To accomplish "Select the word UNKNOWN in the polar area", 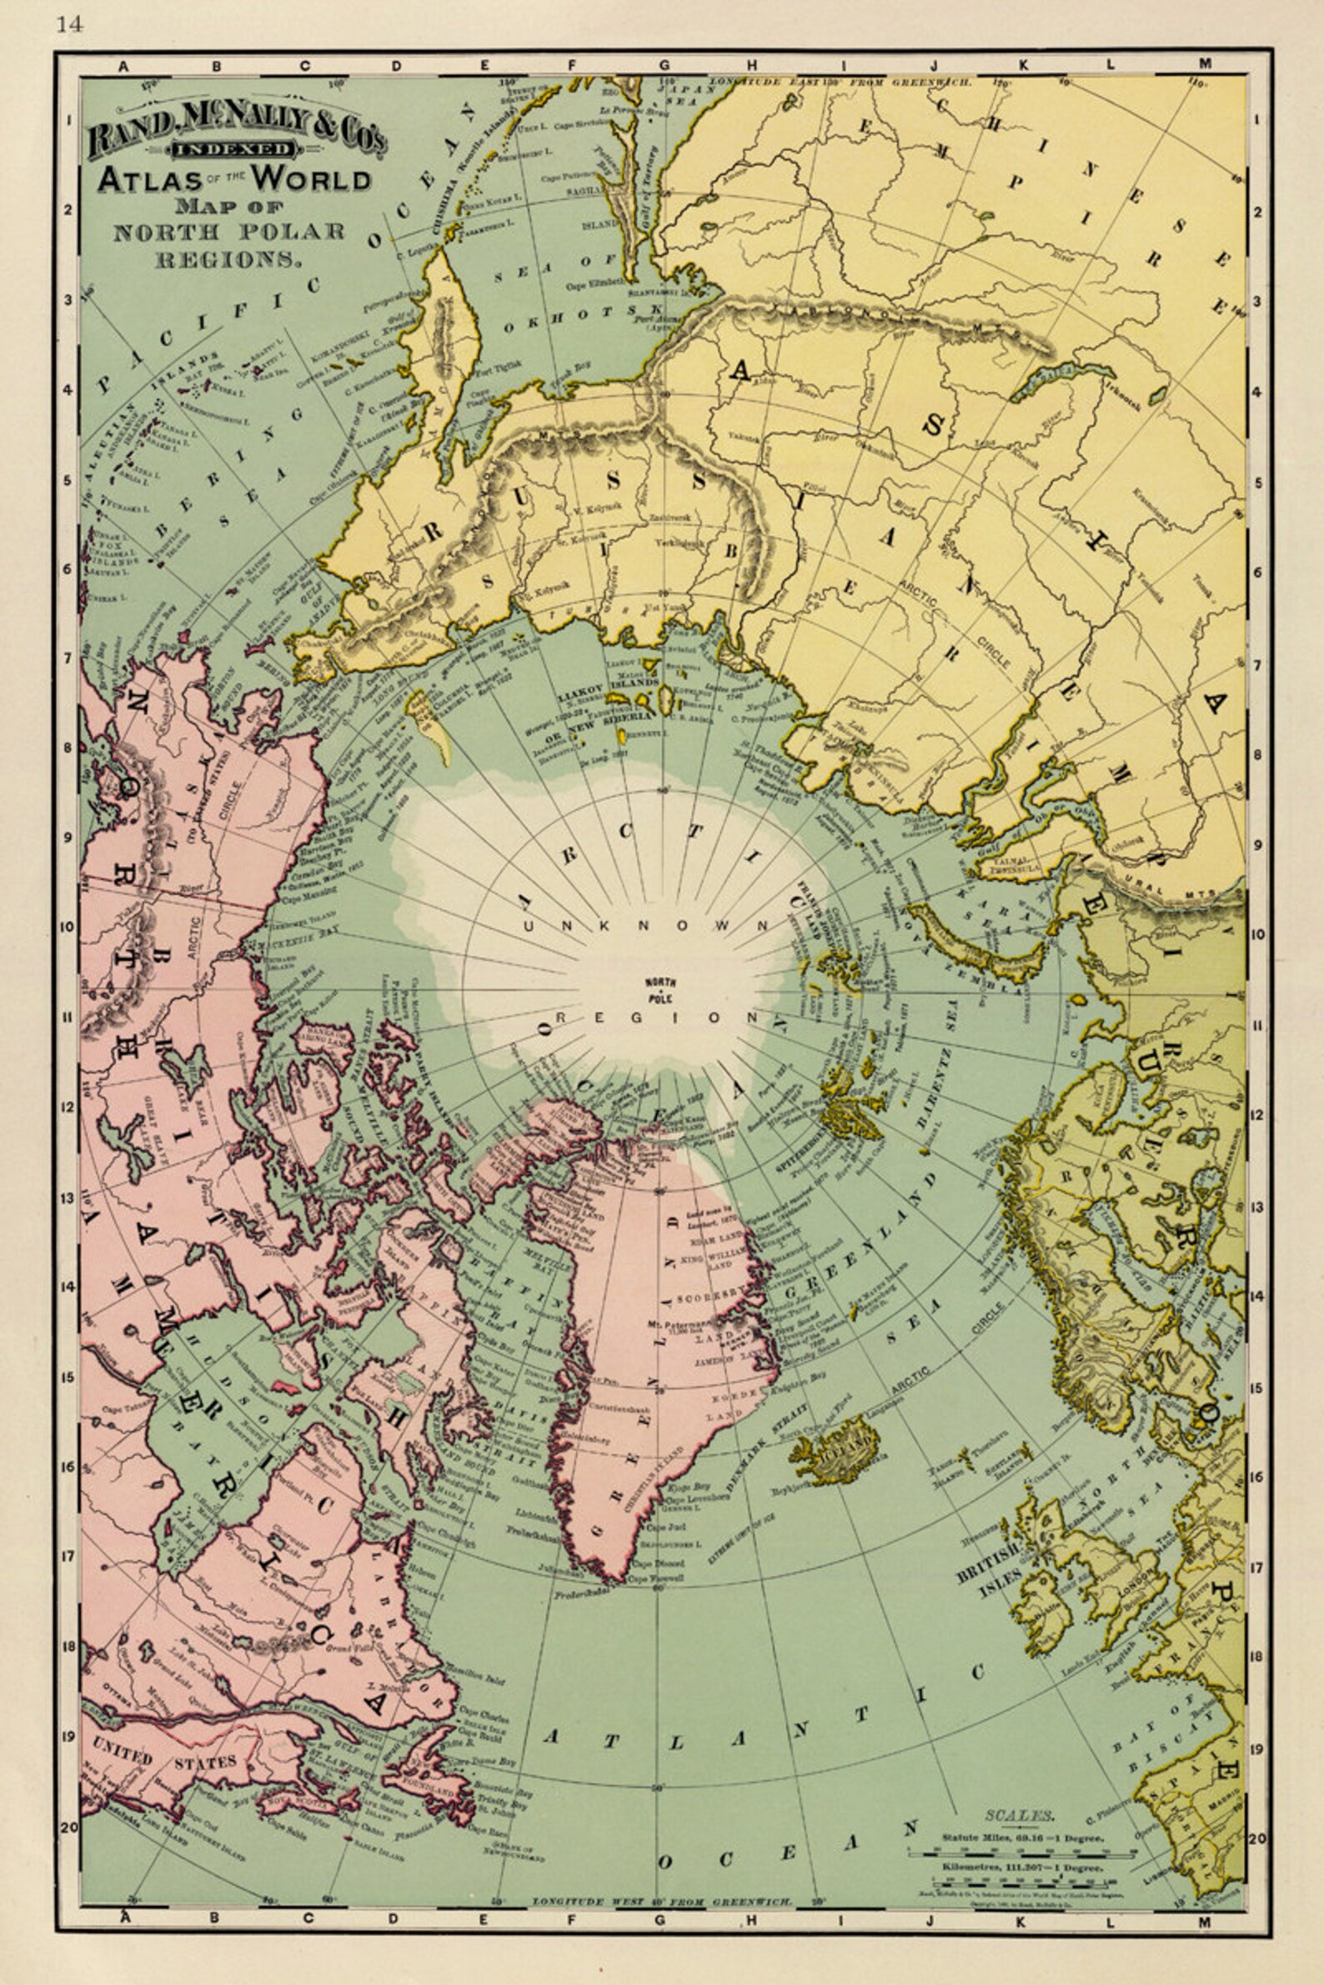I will [x=647, y=927].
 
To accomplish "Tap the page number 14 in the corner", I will [x=70, y=24].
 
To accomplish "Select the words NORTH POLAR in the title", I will [x=228, y=231].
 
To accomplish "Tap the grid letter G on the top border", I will [x=665, y=64].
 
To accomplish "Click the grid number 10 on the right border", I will [x=1258, y=935].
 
